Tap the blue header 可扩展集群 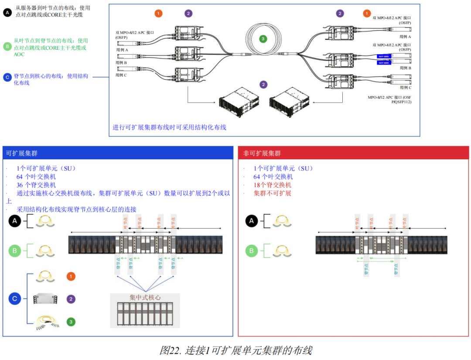click(22, 154)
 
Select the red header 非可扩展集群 click(262, 154)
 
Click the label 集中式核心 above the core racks click(145, 298)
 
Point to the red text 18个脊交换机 click(273, 185)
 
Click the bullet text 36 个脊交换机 click(36, 185)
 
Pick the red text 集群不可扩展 click(273, 193)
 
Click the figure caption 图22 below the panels click(236, 350)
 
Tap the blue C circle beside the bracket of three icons click(15, 299)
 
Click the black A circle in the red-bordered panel click(251, 222)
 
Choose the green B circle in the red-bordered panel click(251, 251)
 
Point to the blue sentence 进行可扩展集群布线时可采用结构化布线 click(170, 128)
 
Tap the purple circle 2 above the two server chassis click(263, 85)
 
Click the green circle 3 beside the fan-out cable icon click(71, 322)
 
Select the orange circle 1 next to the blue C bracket click(71, 276)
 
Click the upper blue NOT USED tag click(383, 56)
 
